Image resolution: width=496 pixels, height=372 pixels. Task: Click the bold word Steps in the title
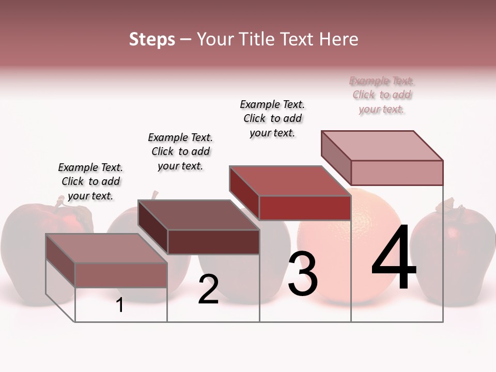click(x=152, y=39)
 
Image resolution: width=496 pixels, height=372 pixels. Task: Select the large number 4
click(x=394, y=258)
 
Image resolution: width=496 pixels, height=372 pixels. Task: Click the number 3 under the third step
click(x=302, y=274)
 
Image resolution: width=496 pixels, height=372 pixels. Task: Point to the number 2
click(x=208, y=289)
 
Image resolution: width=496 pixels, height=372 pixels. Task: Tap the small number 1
click(x=120, y=305)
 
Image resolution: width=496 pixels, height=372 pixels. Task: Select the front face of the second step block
click(x=213, y=242)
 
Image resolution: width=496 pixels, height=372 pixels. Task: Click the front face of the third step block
click(x=305, y=208)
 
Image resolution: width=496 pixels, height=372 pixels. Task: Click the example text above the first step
click(x=90, y=181)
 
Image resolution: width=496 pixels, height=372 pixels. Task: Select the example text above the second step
click(x=180, y=151)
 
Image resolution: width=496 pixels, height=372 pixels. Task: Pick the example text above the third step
click(x=272, y=118)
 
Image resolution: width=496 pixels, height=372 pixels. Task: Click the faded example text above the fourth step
click(x=382, y=95)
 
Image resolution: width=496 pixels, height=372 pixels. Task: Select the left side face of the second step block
click(x=153, y=227)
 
